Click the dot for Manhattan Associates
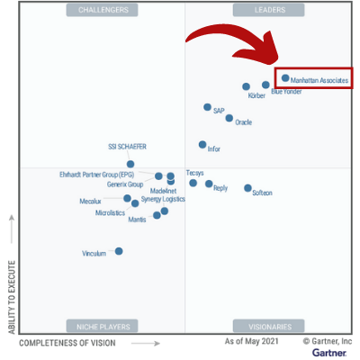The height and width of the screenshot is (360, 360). coord(285,78)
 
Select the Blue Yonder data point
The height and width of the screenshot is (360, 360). coord(265,85)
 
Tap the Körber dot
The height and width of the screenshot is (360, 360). coord(247,87)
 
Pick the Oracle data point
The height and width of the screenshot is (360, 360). coord(229,117)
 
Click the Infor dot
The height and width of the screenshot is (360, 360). coord(202,144)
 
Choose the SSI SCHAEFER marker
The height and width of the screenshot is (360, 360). coord(130,165)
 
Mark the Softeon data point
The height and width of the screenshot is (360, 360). coord(247,188)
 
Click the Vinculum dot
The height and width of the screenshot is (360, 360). coord(119,251)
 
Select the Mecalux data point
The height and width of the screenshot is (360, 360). coord(127,198)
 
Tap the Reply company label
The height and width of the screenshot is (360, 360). coord(220,188)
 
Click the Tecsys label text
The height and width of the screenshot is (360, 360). coord(194,172)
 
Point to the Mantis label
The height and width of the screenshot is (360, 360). coord(137,220)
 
